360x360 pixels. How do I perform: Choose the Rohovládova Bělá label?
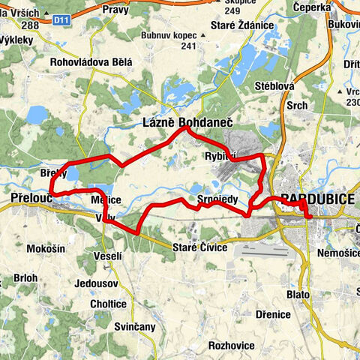(x=91, y=63)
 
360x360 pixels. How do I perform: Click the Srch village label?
(x=297, y=106)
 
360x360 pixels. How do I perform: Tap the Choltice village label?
(x=108, y=304)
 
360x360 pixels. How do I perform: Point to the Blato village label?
(x=298, y=295)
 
